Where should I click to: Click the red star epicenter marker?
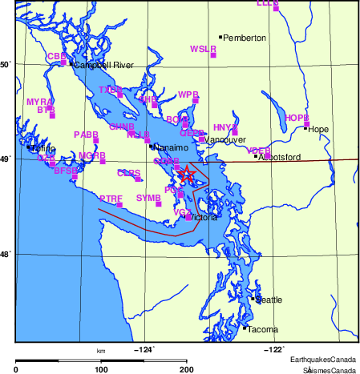coord(187,174)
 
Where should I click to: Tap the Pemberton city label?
coord(245,38)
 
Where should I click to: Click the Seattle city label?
coord(269,300)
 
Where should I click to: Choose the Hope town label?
coord(318,129)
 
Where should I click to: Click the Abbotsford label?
coord(281,157)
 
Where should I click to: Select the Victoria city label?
coord(205,217)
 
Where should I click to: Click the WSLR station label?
coord(203,49)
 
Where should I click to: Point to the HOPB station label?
coord(296,118)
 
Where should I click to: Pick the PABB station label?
coord(86,135)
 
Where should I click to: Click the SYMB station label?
coord(148,197)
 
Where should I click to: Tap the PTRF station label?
coord(111,198)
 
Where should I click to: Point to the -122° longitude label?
coord(274,349)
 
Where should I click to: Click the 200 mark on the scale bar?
coord(187,369)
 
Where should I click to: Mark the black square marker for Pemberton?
coord(220,37)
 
